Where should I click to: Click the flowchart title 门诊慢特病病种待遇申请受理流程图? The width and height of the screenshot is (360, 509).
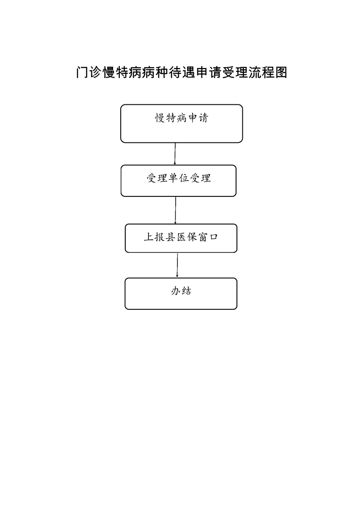182,73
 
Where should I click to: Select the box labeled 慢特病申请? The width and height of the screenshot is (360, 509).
182,124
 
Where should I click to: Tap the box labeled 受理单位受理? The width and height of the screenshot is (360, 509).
178,181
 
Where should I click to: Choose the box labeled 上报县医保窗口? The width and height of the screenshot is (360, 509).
181,238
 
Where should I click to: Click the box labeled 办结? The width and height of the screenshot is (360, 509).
181,294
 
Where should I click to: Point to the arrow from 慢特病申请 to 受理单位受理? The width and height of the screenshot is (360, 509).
175,154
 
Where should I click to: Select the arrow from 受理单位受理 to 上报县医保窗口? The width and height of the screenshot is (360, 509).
175,210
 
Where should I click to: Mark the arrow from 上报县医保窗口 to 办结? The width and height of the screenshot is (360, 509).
177,265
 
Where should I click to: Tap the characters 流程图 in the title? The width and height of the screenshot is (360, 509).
268,73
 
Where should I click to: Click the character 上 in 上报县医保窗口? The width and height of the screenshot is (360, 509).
149,237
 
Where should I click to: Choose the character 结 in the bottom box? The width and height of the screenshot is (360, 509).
187,291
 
